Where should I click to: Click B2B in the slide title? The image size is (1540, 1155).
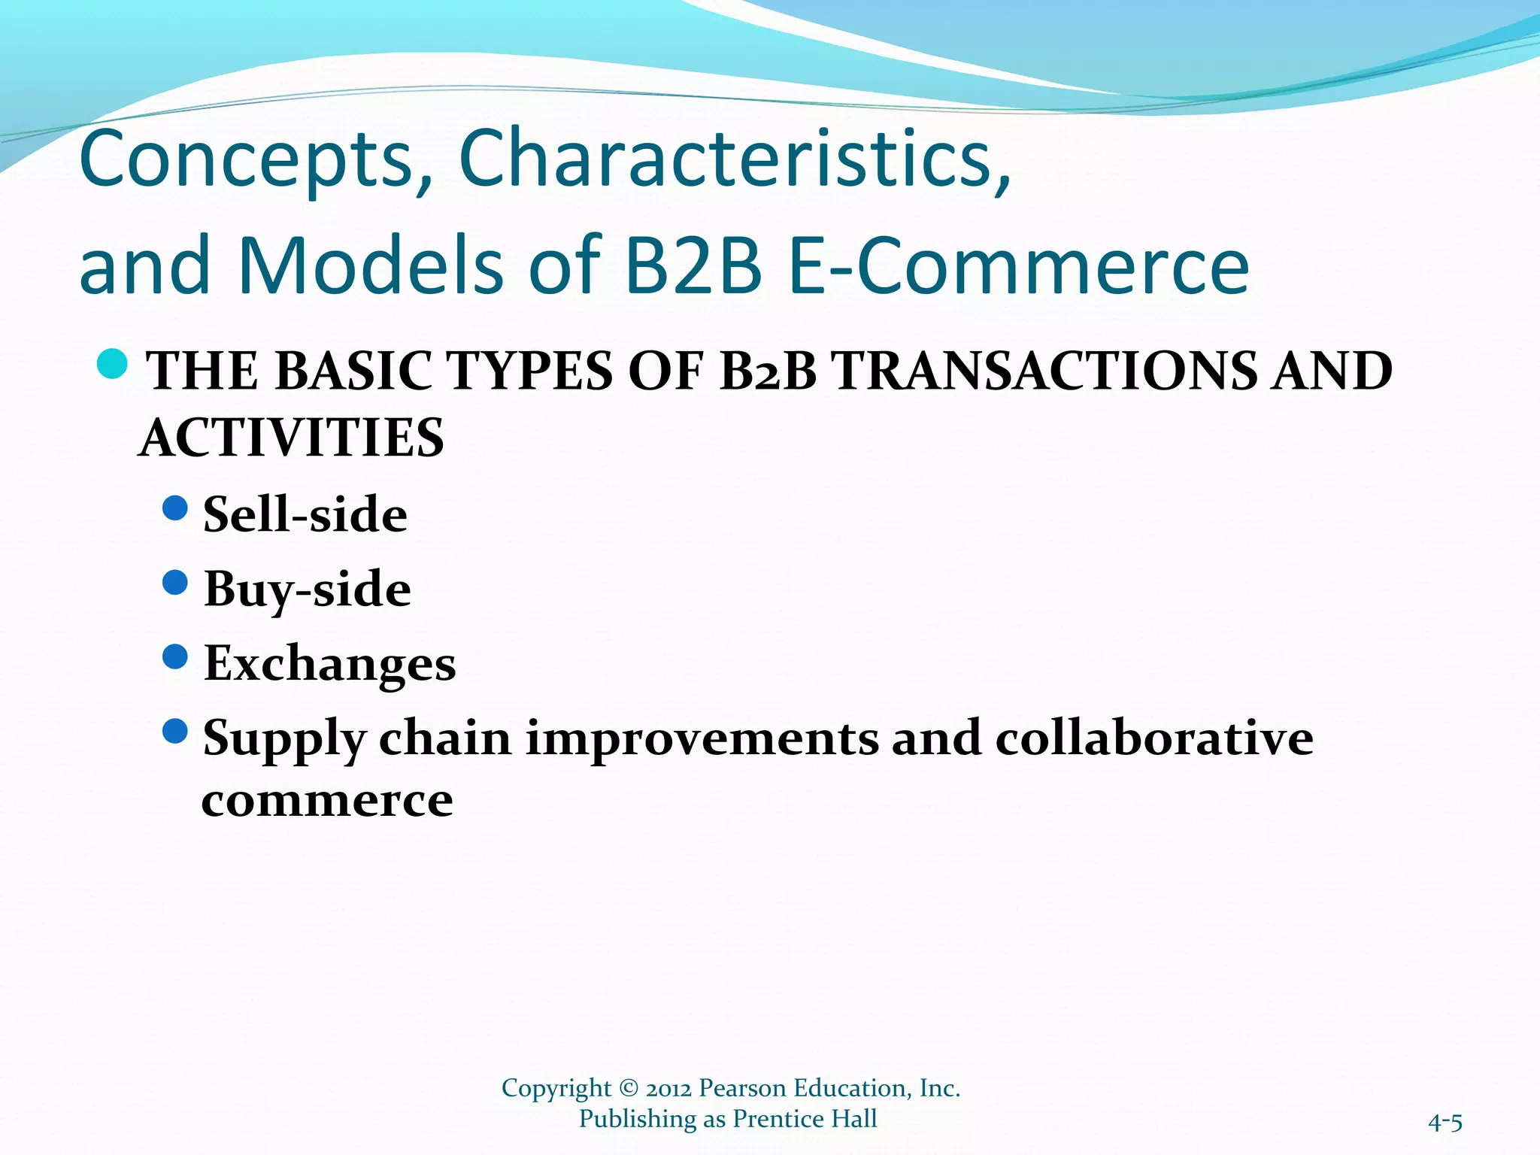[693, 265]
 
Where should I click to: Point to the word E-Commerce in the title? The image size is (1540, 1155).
[1019, 265]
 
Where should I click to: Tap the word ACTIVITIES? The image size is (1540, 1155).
[292, 438]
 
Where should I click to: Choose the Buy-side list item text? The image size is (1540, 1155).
[307, 589]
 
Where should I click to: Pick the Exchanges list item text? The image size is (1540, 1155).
[329, 663]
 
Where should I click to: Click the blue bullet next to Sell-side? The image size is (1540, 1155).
[174, 508]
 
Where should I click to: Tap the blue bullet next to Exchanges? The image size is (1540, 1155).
[174, 656]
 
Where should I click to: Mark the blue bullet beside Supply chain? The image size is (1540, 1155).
[174, 731]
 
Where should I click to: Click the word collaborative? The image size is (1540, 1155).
[1153, 738]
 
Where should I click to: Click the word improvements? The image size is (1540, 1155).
[701, 739]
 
